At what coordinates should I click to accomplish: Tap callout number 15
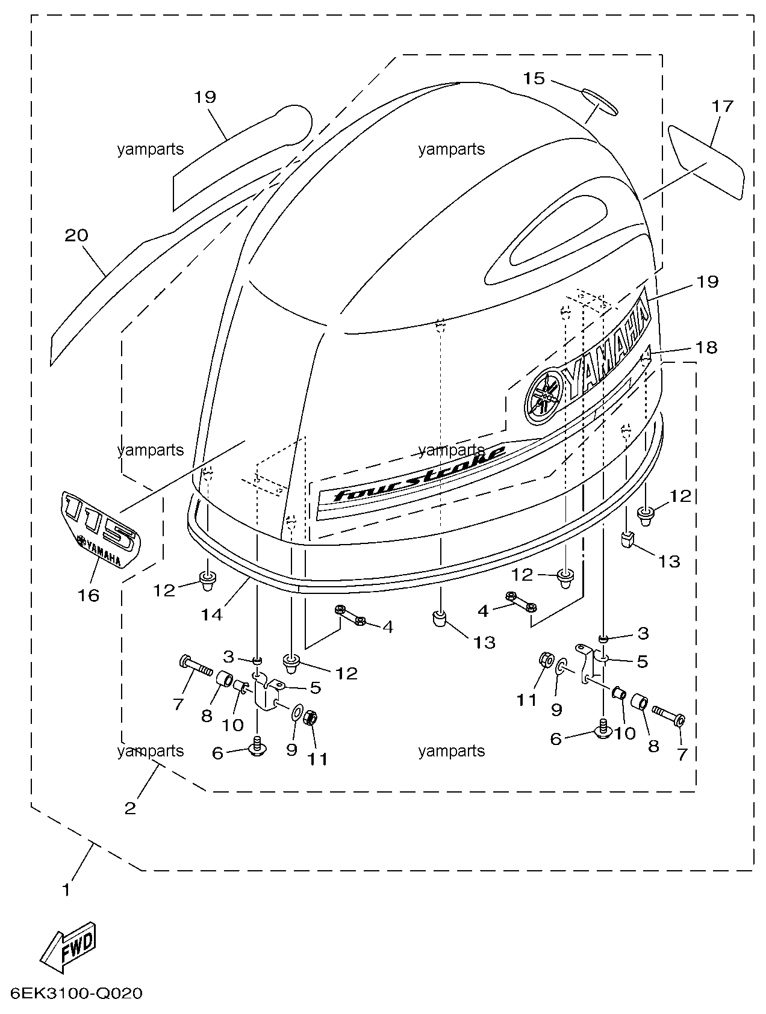pos(534,79)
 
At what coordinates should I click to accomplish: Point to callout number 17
pos(723,107)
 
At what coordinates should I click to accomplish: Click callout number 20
pos(76,235)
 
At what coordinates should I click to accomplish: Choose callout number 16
pos(88,595)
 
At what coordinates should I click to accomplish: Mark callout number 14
pos(211,614)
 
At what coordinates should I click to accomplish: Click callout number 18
pos(707,348)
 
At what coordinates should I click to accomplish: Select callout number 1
pos(66,889)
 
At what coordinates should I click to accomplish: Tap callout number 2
pos(130,808)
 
